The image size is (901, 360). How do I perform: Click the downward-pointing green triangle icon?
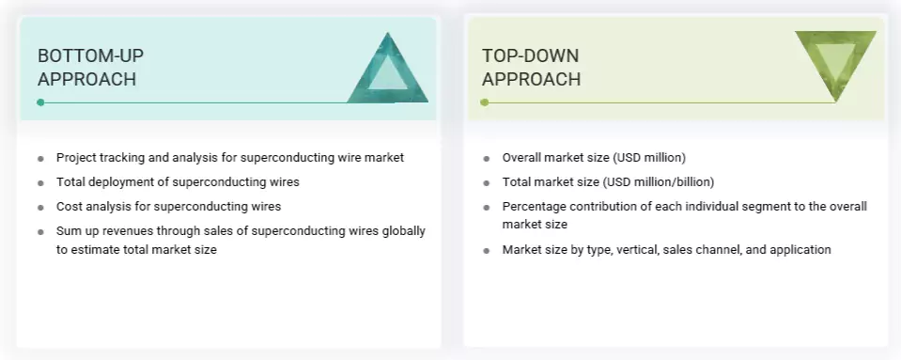(x=834, y=64)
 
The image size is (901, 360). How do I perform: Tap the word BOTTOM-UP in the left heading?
(x=91, y=55)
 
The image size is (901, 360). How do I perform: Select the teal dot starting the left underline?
(x=40, y=102)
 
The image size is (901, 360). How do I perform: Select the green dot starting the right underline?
(x=485, y=102)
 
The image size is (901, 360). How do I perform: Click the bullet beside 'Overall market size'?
(x=486, y=158)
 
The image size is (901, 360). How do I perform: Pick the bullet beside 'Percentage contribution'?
(x=486, y=207)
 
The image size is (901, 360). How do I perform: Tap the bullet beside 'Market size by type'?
(x=486, y=250)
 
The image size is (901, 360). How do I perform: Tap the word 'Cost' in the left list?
(x=70, y=206)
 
